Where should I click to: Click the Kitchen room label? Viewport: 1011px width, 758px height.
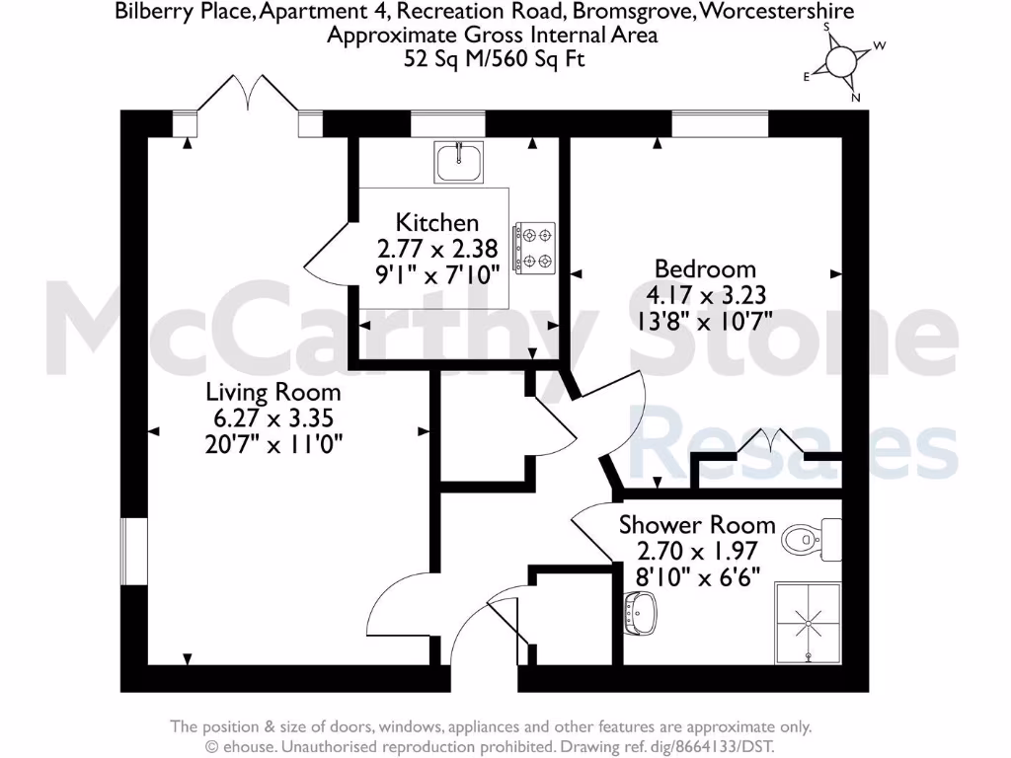437,223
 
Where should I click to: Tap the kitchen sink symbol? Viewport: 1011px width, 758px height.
459,162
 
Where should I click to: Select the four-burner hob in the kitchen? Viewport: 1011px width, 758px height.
535,248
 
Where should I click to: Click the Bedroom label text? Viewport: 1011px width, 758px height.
705,269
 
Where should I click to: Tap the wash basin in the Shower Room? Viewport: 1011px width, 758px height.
637,614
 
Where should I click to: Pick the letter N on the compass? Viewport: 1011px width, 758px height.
856,97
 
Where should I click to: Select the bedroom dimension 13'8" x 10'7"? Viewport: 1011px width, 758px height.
707,319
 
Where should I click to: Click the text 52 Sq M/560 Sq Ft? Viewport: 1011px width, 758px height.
494,59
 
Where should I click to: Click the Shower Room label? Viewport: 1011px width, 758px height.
697,525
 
